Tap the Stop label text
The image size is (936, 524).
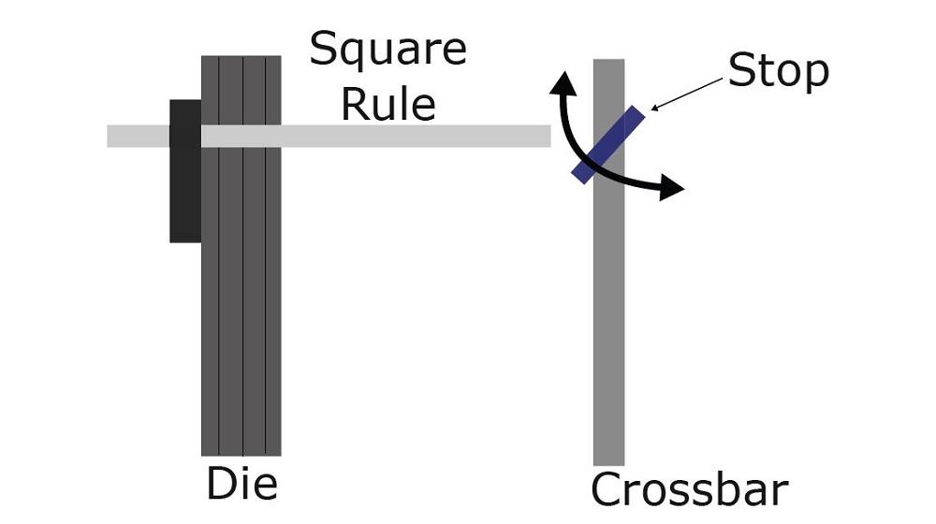coord(778,70)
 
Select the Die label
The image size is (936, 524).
coord(241,486)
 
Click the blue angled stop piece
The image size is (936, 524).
coord(609,144)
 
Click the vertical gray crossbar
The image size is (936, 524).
coord(608,327)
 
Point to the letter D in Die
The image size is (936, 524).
coord(219,485)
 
